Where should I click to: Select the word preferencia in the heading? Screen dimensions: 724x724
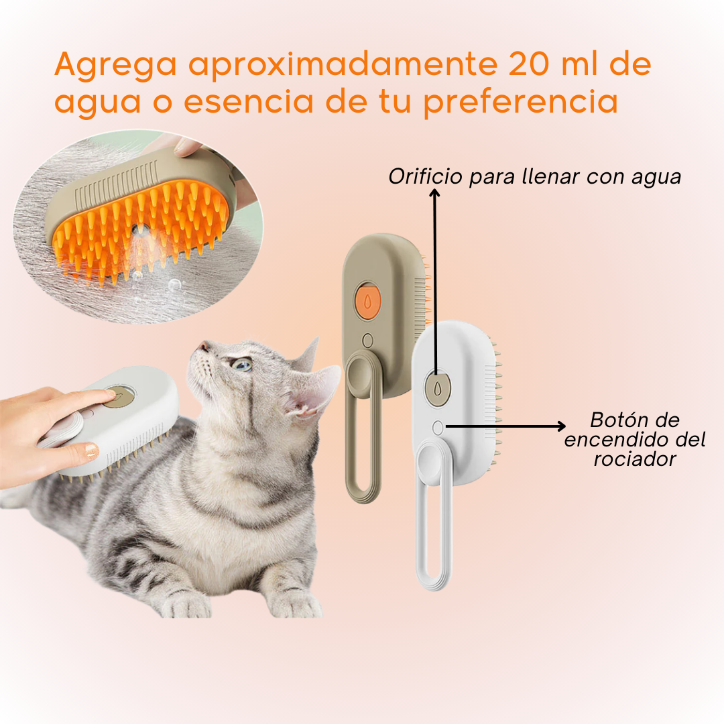coord(521,102)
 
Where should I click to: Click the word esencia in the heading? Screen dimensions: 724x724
coord(249,102)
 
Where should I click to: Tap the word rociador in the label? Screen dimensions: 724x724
coord(635,459)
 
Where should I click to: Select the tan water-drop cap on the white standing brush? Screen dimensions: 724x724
coord(437,389)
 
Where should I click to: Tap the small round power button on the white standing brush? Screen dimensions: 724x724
coord(438,428)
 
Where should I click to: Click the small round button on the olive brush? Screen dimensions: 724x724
coord(367,341)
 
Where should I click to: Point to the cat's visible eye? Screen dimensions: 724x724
coord(241,364)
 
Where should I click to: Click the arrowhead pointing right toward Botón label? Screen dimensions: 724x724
coord(560,426)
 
